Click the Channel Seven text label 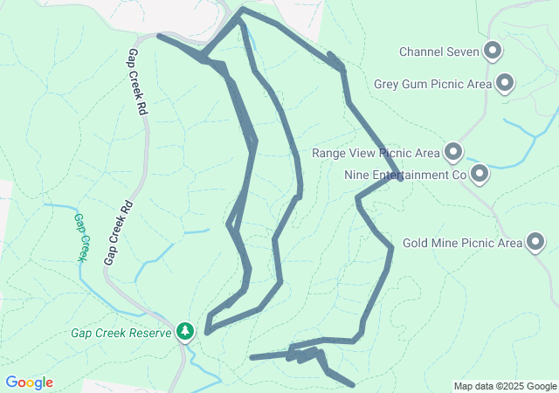[x=439, y=52]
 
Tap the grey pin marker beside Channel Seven [x=493, y=52]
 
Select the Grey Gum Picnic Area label [x=432, y=85]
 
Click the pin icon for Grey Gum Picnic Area [x=504, y=84]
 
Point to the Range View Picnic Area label [x=376, y=153]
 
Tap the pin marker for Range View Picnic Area [x=452, y=153]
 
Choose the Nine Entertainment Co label [x=405, y=175]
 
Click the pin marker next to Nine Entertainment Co [x=479, y=174]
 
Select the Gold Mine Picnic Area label [x=462, y=243]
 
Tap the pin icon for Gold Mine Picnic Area [x=535, y=242]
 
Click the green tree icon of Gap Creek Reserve [x=184, y=331]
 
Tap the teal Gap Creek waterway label [x=81, y=238]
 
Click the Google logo [x=29, y=383]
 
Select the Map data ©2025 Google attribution [x=505, y=386]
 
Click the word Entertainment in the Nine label [x=411, y=175]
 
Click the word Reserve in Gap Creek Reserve [x=151, y=332]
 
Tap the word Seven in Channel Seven [x=464, y=52]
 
